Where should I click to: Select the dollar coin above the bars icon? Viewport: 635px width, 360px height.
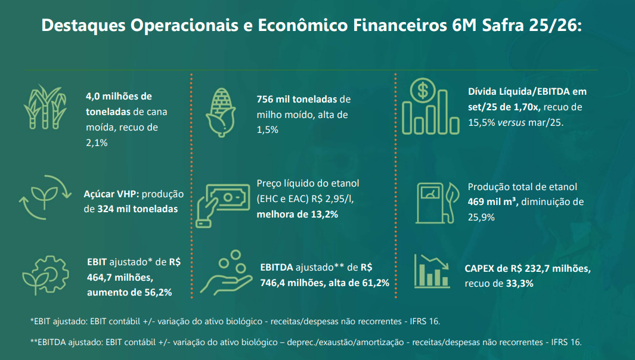click(x=423, y=91)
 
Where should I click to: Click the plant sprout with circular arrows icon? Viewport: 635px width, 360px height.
click(x=41, y=194)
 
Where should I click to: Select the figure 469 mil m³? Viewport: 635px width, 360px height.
click(x=493, y=201)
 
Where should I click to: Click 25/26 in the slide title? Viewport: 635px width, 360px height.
click(x=548, y=26)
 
